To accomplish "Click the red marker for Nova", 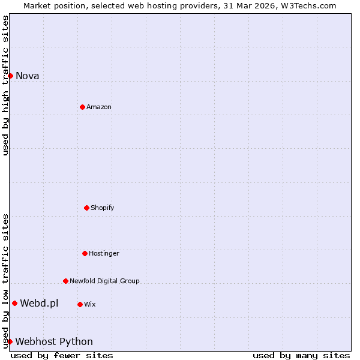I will click(x=10, y=76).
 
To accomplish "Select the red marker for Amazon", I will click(x=82, y=107).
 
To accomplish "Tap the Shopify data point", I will click(x=86, y=208).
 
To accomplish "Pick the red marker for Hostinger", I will click(x=85, y=253).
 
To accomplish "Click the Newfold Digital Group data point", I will click(x=65, y=281).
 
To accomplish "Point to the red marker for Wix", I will click(x=80, y=304).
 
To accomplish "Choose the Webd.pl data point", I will click(x=14, y=303).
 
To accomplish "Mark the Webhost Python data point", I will click(x=10, y=341).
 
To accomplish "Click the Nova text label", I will click(x=28, y=76).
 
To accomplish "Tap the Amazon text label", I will click(x=99, y=107).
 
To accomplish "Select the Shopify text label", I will click(x=103, y=208).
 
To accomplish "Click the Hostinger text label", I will click(x=104, y=253).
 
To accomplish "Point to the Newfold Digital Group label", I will click(x=104, y=281).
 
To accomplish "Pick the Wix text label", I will click(x=90, y=304).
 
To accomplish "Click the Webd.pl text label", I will click(x=39, y=303).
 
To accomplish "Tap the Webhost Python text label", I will click(x=54, y=341).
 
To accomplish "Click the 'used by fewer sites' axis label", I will click(x=62, y=355).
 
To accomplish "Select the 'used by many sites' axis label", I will click(x=301, y=355).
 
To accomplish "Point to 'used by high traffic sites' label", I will click(x=5, y=85).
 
